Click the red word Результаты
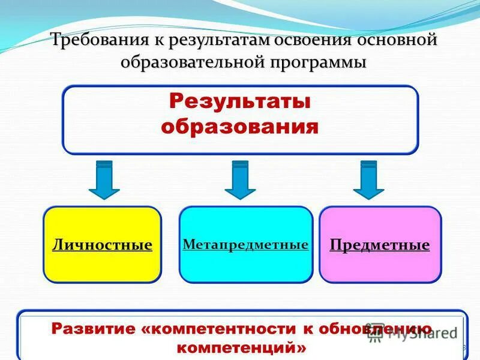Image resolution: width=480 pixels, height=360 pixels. [240, 101]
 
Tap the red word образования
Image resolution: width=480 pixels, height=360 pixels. [240, 127]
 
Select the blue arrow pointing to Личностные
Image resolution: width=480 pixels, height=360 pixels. [104, 179]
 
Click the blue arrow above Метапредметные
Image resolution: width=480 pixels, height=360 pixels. [240, 179]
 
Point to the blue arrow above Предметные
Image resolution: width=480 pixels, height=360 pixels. [368, 179]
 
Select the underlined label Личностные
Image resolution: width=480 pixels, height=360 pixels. [102, 245]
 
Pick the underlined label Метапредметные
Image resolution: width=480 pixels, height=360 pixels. [245, 244]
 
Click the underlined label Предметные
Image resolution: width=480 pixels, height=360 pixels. [380, 245]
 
